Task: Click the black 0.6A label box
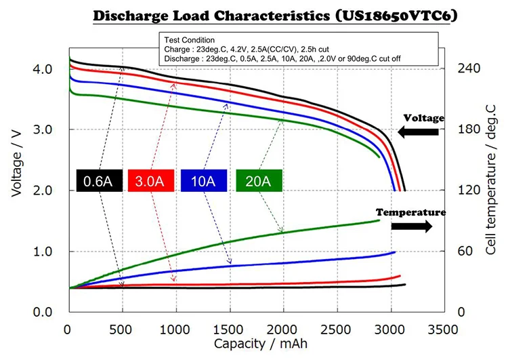tap(98, 180)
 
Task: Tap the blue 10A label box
tap(205, 180)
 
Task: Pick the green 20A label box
tap(259, 180)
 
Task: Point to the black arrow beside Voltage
tap(418, 132)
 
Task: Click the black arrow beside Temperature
tap(411, 226)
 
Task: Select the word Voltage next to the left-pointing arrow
tap(424, 118)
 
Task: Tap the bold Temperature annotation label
tap(410, 212)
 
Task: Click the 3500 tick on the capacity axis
tap(443, 329)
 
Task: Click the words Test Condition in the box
tap(186, 40)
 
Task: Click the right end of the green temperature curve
tap(379, 220)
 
